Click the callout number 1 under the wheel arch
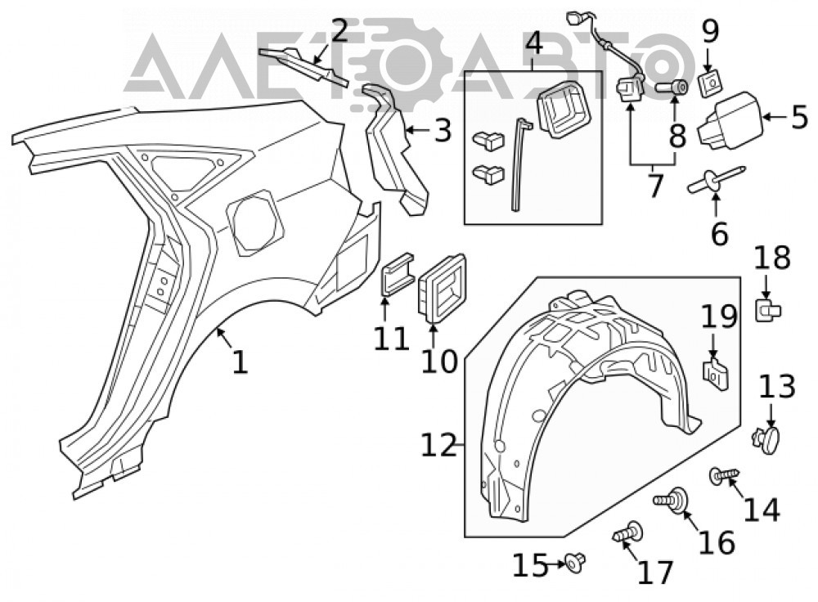(240, 362)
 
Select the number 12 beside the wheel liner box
(438, 445)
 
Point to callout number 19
(719, 317)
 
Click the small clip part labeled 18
(768, 309)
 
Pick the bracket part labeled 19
(716, 374)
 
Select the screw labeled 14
(725, 475)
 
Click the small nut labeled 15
(575, 562)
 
